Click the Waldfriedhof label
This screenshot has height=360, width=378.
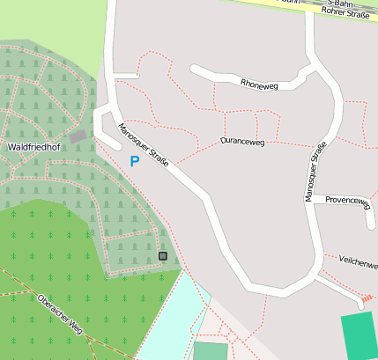click(x=33, y=148)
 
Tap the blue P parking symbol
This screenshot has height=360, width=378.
click(x=134, y=161)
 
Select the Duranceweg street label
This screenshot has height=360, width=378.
click(x=243, y=141)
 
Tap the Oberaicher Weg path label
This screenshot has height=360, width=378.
click(x=60, y=312)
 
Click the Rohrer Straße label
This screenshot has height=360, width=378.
click(x=346, y=12)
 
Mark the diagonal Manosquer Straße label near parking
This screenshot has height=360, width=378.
click(x=143, y=143)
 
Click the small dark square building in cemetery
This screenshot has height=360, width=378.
click(x=162, y=255)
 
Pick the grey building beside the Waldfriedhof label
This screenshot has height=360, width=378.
click(x=78, y=136)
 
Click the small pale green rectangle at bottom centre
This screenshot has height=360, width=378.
click(x=210, y=351)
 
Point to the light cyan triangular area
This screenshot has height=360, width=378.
click(x=172, y=317)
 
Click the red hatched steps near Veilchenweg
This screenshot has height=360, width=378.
click(x=367, y=298)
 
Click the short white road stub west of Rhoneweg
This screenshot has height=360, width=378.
click(x=126, y=76)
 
